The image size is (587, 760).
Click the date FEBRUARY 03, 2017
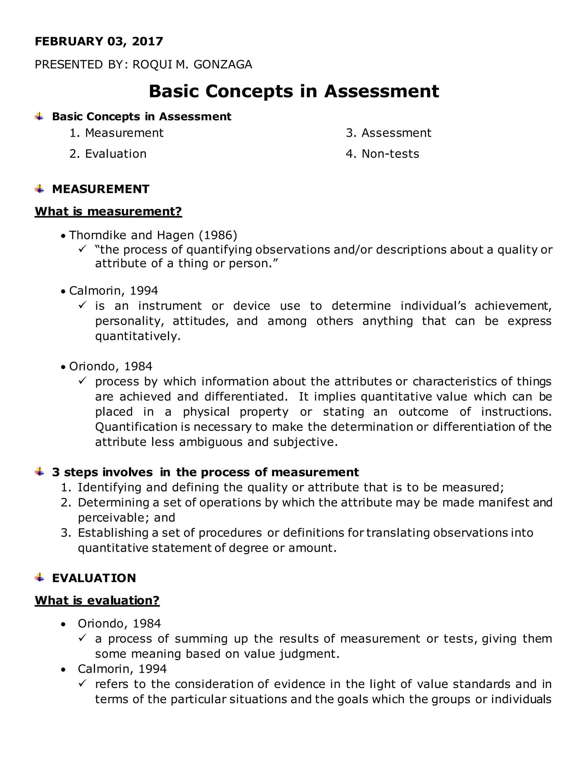click(x=99, y=41)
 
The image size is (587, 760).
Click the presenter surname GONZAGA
click(x=222, y=65)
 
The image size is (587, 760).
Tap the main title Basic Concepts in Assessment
click(x=294, y=91)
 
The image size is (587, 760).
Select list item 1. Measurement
click(x=116, y=133)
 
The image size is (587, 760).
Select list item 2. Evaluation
click(x=108, y=154)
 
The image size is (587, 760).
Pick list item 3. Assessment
click(x=388, y=133)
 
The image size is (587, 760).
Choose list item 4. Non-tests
click(x=383, y=154)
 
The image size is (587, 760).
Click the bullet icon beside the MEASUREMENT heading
click(x=39, y=189)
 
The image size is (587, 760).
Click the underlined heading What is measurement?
click(x=108, y=211)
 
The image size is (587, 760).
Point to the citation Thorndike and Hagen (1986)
click(x=153, y=235)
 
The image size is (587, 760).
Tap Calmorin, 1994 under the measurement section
click(x=114, y=291)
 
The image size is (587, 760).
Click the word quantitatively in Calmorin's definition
click(x=138, y=336)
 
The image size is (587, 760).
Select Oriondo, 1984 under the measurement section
click(x=111, y=367)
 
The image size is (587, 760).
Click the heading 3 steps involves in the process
click(x=205, y=472)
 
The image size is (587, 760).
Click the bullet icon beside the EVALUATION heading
click(x=39, y=578)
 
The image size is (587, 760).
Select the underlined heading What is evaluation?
click(x=97, y=600)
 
